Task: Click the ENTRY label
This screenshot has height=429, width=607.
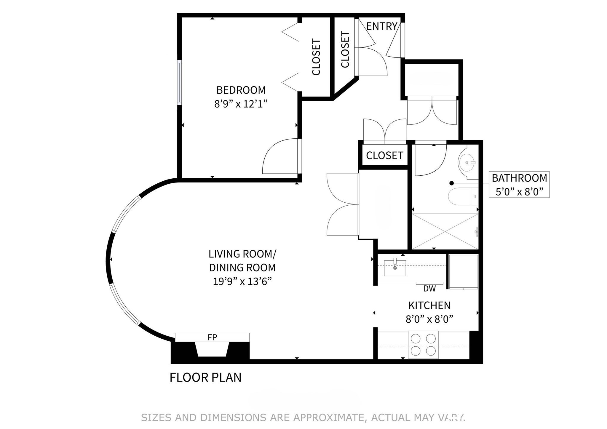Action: (381, 26)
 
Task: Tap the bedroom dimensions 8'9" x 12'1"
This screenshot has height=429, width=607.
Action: (241, 104)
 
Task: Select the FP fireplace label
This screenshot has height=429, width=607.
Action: (212, 337)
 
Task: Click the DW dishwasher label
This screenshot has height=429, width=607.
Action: (429, 289)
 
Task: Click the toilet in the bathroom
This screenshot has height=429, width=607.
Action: (462, 197)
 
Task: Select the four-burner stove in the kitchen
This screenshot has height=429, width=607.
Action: (423, 345)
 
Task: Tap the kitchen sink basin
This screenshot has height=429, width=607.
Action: (395, 268)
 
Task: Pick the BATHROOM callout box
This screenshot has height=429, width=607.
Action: (519, 185)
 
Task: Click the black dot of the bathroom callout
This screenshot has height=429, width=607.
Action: (451, 183)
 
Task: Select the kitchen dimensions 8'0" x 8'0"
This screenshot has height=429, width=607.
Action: (429, 319)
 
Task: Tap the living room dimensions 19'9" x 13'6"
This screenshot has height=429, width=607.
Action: (242, 281)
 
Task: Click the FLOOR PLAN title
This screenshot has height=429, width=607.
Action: (205, 378)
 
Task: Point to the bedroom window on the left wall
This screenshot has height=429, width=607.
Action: (179, 82)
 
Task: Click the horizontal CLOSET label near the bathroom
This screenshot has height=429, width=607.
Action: (384, 156)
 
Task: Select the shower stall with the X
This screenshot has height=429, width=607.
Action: (445, 231)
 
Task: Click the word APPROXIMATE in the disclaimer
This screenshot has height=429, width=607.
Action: (328, 417)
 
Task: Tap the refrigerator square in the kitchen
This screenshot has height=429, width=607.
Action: (463, 271)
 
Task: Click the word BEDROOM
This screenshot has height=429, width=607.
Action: (241, 90)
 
